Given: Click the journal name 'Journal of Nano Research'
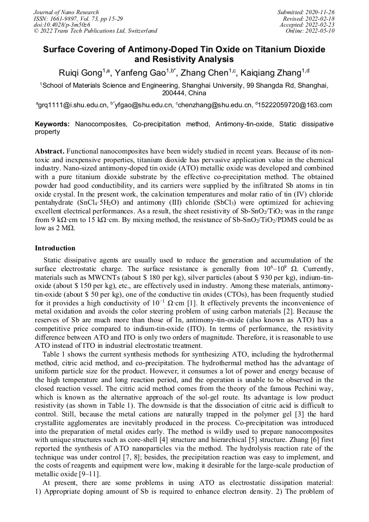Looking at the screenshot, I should coord(66,12).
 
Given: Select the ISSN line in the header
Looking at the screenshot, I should coord(78,19).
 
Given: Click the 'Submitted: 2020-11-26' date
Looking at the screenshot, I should coord(306,12).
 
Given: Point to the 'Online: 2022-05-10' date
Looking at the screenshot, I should coord(310,31).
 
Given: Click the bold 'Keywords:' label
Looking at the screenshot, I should coord(53,124).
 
